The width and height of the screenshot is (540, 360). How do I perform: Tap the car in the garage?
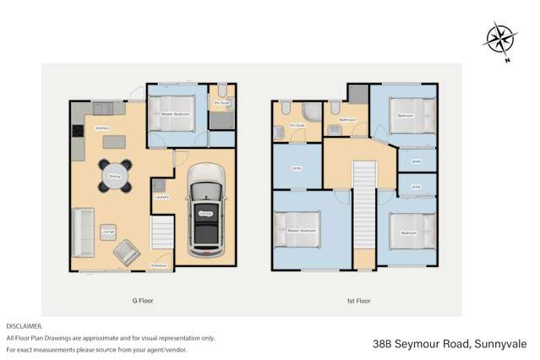[x=205, y=211]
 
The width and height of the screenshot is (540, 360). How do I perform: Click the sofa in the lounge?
[x=84, y=232]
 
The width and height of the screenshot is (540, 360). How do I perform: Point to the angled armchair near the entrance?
[x=128, y=251]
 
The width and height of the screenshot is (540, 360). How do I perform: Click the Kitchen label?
[x=102, y=128]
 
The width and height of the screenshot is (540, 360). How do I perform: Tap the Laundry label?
[x=161, y=197]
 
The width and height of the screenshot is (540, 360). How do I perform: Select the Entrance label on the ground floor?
[x=158, y=266]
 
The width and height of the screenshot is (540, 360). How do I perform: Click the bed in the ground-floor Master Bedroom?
[x=172, y=113]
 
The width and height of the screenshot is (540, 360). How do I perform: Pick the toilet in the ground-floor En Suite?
[x=221, y=92]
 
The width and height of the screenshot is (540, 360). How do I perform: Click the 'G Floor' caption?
[x=143, y=301]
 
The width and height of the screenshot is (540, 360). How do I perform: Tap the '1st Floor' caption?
[x=359, y=301]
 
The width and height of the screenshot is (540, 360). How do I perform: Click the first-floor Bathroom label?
[x=347, y=120]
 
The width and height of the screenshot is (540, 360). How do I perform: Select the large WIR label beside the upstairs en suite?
[x=296, y=168]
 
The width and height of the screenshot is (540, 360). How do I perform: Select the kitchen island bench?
[x=112, y=142]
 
